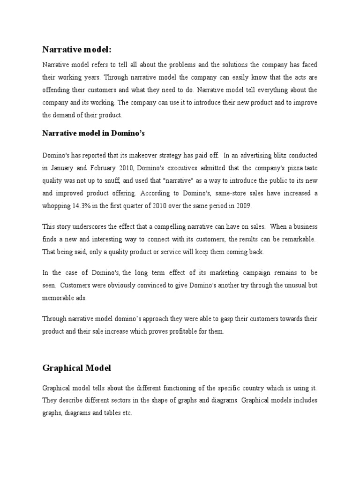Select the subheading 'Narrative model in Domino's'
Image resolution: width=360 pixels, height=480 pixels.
[94, 134]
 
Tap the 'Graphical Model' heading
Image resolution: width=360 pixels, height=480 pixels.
[77, 368]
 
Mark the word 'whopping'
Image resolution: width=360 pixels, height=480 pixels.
[57, 206]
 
